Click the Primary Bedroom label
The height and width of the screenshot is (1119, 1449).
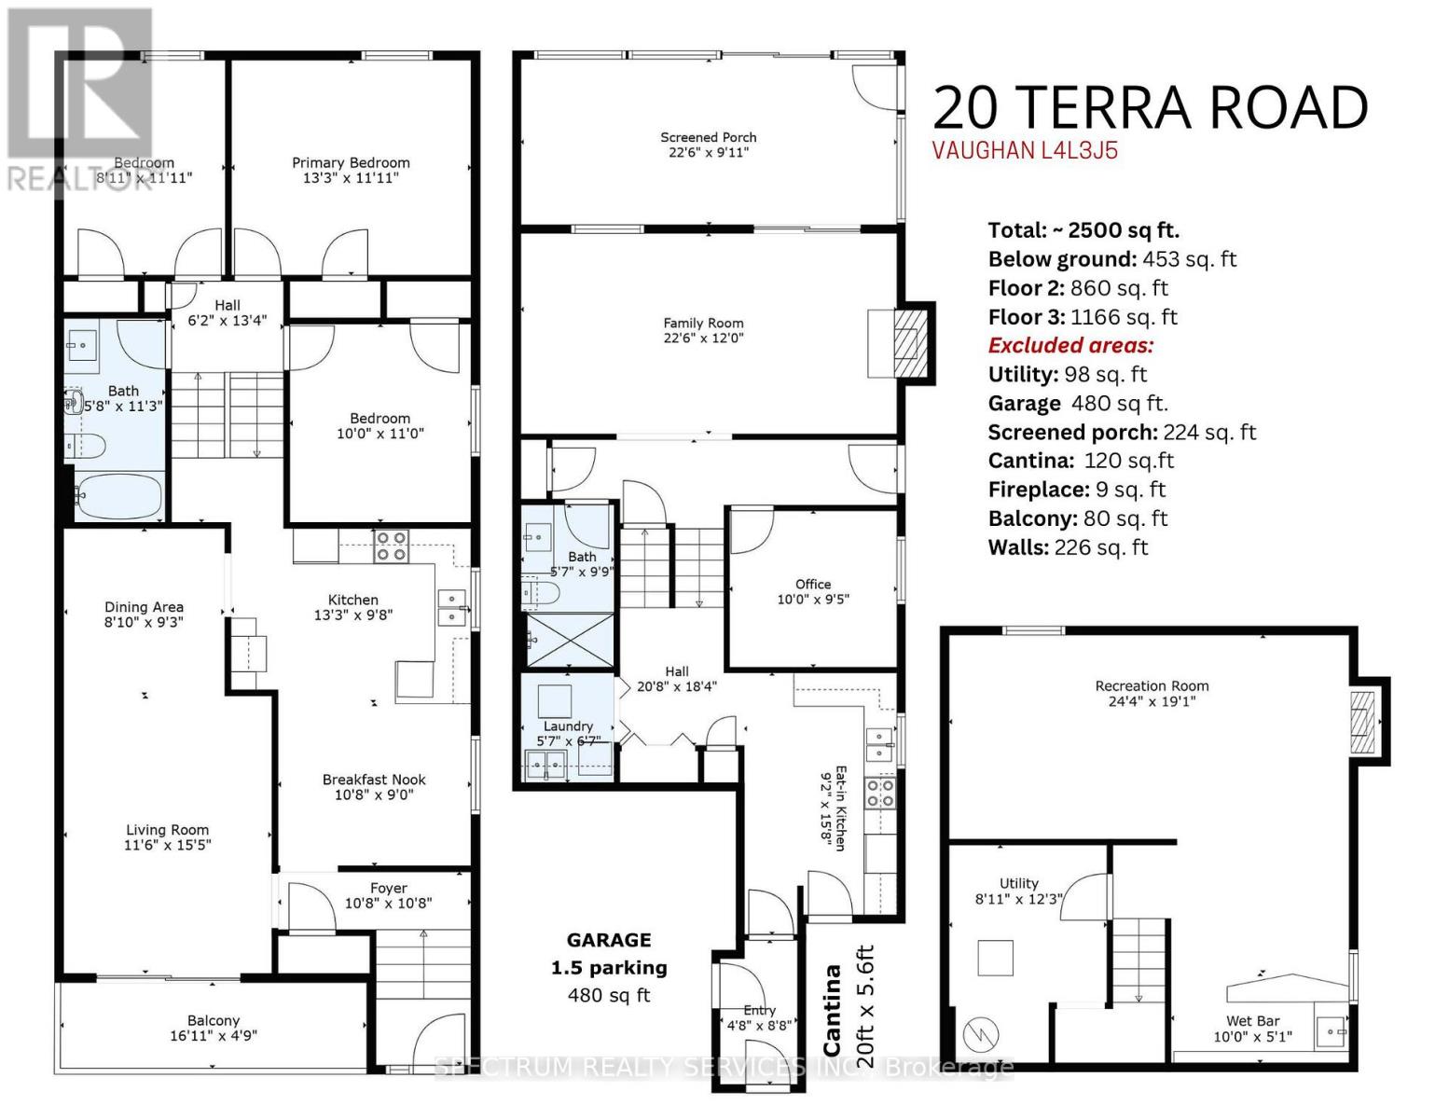coord(351,163)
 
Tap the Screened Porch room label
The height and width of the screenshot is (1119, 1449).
coord(708,138)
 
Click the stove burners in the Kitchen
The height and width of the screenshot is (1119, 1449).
coord(390,546)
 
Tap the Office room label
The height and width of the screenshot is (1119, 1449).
coord(813,585)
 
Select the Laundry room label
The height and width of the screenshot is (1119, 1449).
coord(568,726)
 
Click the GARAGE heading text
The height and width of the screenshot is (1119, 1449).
coord(609,940)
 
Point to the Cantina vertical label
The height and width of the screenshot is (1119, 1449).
coord(832,1009)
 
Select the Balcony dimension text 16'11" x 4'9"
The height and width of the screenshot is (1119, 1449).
coord(214,1036)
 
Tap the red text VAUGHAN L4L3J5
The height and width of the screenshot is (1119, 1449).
coord(1025,151)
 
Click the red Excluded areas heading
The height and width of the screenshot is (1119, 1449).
coord(1070,345)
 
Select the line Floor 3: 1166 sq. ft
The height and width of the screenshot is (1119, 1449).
coord(1083,317)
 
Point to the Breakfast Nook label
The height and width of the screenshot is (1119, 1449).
coord(374,780)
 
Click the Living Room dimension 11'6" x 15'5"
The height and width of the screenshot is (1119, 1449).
coord(168,845)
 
